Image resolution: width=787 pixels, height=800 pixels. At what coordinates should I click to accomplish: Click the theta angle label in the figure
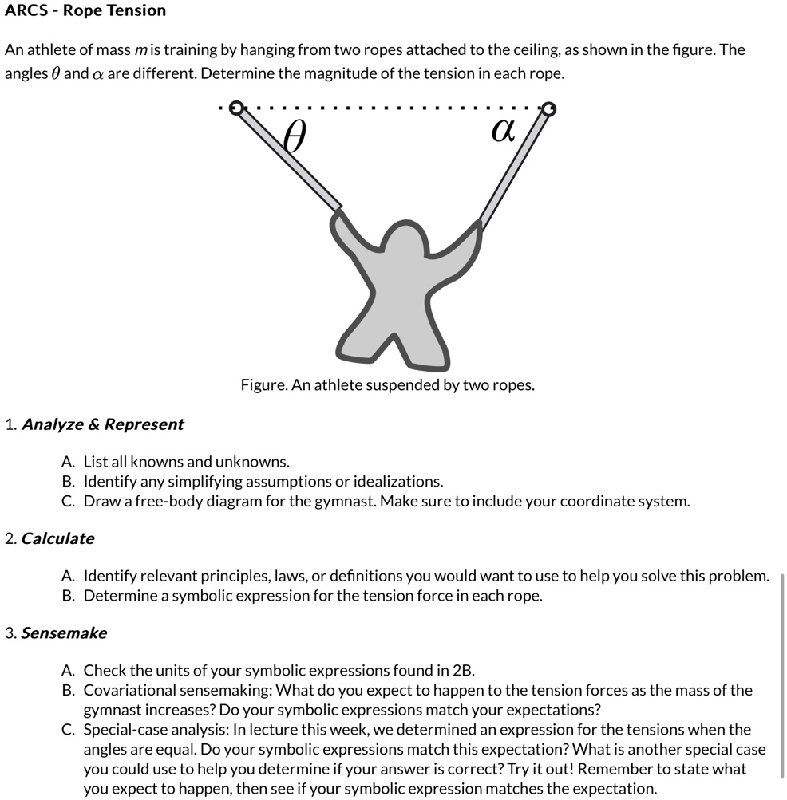click(x=295, y=138)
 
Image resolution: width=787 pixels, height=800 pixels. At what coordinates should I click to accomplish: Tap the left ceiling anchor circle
click(x=236, y=108)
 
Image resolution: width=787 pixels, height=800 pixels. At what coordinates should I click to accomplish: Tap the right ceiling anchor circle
click(x=548, y=108)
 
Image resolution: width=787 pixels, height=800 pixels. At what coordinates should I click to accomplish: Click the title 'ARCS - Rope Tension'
click(x=85, y=10)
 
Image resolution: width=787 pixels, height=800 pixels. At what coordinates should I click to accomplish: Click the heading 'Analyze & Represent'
click(x=102, y=424)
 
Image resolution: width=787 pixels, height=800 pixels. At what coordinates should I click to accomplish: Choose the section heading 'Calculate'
click(x=57, y=538)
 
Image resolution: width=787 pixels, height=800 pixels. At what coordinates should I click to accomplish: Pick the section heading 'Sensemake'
click(x=64, y=633)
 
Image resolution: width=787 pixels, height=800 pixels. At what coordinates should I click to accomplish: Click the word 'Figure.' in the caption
click(x=264, y=385)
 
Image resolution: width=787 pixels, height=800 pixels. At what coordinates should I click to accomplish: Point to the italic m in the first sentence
click(x=140, y=50)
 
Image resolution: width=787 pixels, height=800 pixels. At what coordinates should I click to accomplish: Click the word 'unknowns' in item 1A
click(x=255, y=462)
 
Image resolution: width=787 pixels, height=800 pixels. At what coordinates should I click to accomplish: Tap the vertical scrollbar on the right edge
click(x=782, y=674)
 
